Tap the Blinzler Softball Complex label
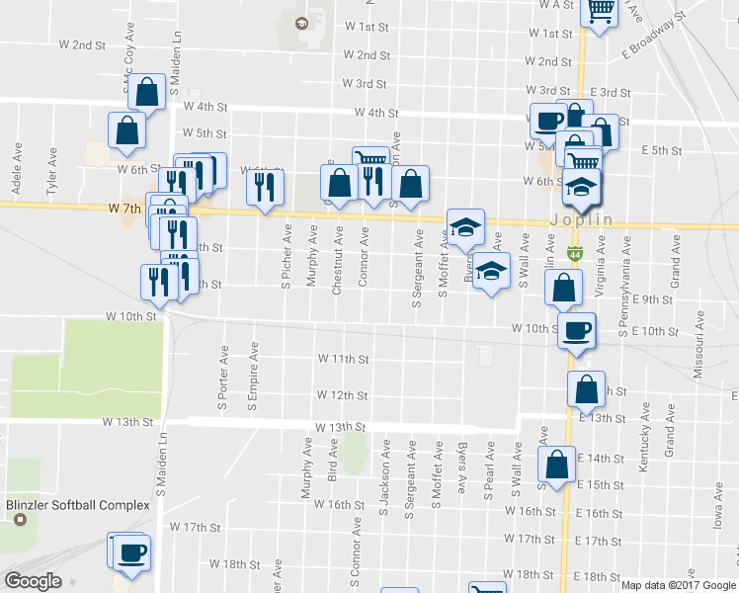78,505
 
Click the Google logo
33,581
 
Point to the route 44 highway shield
574,254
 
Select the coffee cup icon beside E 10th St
576,329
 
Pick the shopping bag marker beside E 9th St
562,288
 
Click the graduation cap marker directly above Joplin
582,186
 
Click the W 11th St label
343,359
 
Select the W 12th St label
343,395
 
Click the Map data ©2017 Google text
678,585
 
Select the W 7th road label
124,210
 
